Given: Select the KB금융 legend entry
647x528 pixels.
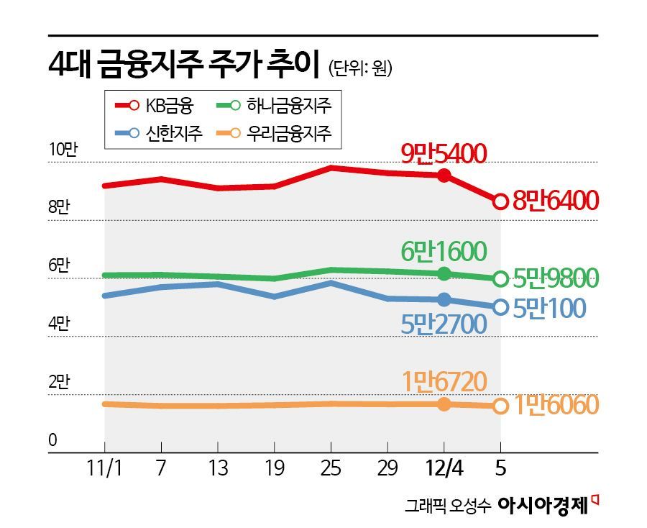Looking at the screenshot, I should pyautogui.click(x=155, y=105).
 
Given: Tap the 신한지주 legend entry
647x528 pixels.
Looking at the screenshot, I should pyautogui.click(x=155, y=132).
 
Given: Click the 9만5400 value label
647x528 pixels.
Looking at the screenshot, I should pyautogui.click(x=444, y=153).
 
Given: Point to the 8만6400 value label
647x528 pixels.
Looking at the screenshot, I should pyautogui.click(x=555, y=201).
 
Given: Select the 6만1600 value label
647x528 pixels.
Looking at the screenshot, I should pyautogui.click(x=444, y=251).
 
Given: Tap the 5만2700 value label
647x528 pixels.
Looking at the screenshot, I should pyautogui.click(x=444, y=324).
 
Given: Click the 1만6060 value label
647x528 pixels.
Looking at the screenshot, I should pyautogui.click(x=555, y=406).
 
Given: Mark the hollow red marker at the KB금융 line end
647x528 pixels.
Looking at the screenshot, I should pyautogui.click(x=500, y=202).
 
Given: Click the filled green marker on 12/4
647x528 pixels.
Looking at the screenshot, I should pyautogui.click(x=444, y=273).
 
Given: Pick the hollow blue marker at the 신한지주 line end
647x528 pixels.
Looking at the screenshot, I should pyautogui.click(x=500, y=307).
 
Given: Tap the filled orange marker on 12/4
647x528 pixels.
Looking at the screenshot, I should pyautogui.click(x=444, y=404).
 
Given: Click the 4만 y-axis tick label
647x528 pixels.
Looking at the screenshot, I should pyautogui.click(x=59, y=324).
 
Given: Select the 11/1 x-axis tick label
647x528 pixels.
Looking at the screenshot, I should pyautogui.click(x=104, y=469).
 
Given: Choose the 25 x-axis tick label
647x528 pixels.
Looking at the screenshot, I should pyautogui.click(x=330, y=469).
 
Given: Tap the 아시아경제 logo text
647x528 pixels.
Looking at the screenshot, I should pyautogui.click(x=543, y=504).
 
